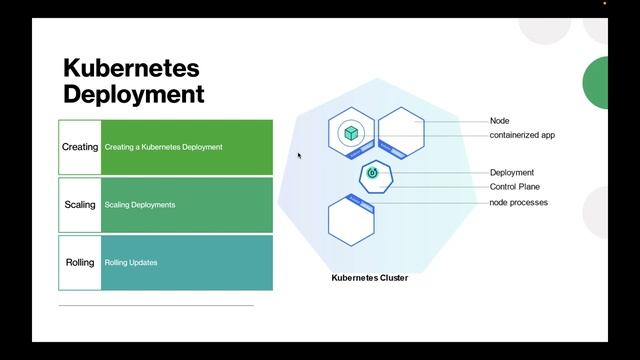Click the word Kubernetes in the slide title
point(131,69)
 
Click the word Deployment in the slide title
point(133,94)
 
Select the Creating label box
point(80,147)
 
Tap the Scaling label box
point(80,205)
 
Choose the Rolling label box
point(80,263)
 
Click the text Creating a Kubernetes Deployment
point(163,147)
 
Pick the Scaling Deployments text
point(140,205)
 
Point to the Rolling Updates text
point(131,263)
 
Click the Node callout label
point(499,121)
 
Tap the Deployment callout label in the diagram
point(512,173)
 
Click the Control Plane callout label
point(516,187)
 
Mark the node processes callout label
point(518,203)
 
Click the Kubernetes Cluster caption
point(369,278)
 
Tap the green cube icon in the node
point(351,133)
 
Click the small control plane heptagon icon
point(374,175)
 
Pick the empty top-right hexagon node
point(401,131)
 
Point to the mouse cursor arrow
point(299,155)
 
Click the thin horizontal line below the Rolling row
point(156,305)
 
